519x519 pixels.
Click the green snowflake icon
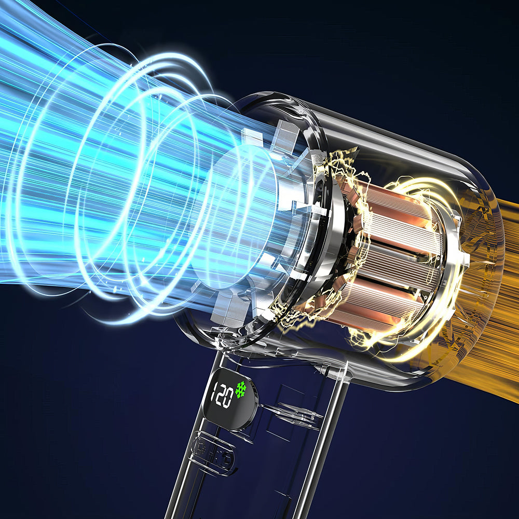(x=241, y=389)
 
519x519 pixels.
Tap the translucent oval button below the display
(x=212, y=453)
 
